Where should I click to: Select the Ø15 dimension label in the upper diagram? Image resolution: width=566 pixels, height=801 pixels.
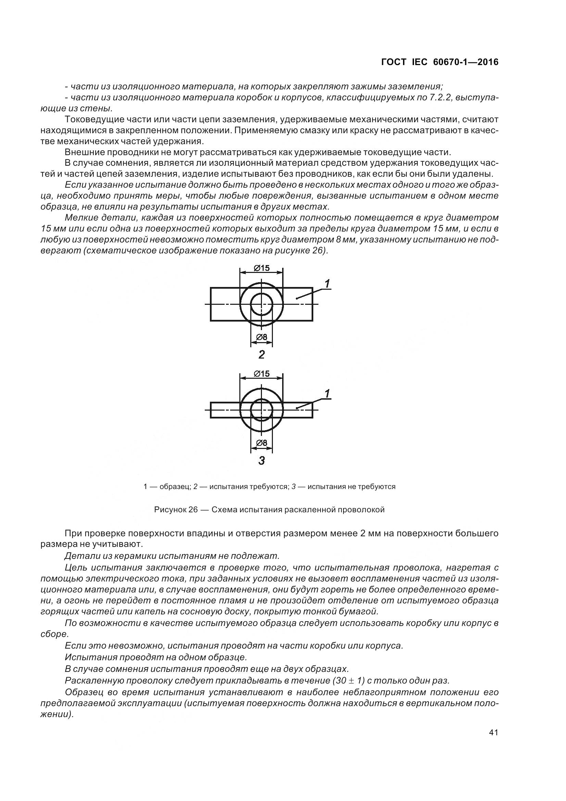(x=262, y=268)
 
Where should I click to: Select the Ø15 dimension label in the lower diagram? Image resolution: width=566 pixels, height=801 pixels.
(x=262, y=374)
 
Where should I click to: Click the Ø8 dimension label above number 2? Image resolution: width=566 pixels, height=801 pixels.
(x=262, y=337)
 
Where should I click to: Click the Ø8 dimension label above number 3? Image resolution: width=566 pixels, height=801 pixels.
(x=262, y=443)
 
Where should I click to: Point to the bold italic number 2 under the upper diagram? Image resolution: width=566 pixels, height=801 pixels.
(x=262, y=355)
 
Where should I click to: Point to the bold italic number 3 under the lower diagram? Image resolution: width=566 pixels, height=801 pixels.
(x=262, y=461)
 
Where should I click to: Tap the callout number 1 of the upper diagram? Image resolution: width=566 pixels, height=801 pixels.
(x=327, y=284)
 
